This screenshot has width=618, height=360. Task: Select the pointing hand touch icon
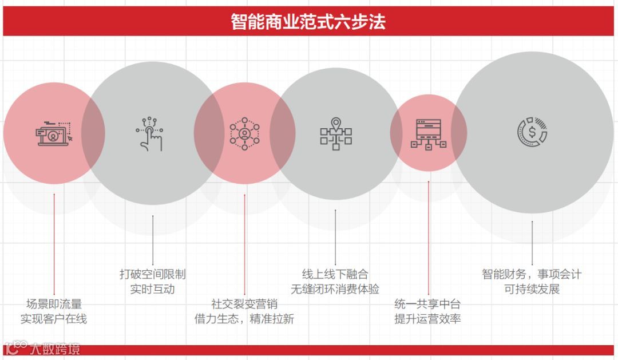coord(151,133)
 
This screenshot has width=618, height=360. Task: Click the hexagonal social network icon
coord(244,133)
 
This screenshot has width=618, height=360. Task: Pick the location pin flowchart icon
coord(336,133)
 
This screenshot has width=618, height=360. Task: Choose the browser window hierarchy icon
coord(428,133)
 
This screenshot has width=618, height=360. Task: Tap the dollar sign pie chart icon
coord(532,132)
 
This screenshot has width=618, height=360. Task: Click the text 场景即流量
coord(54,304)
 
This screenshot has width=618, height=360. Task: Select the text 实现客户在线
coord(54,319)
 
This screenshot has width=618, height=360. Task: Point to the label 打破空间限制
coord(152,274)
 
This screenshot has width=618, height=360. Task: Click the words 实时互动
coord(152,289)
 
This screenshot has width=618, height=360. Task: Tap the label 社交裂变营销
coord(244,304)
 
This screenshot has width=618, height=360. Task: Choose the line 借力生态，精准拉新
coord(244,319)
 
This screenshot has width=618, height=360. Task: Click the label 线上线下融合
coord(335,274)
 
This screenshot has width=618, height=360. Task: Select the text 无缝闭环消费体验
coord(335,289)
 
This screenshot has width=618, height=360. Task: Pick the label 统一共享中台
coord(427,304)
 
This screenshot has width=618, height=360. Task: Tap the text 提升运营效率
coord(427,319)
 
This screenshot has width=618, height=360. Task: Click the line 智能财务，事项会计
coord(532,274)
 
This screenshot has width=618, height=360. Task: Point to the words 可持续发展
coord(532,289)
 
